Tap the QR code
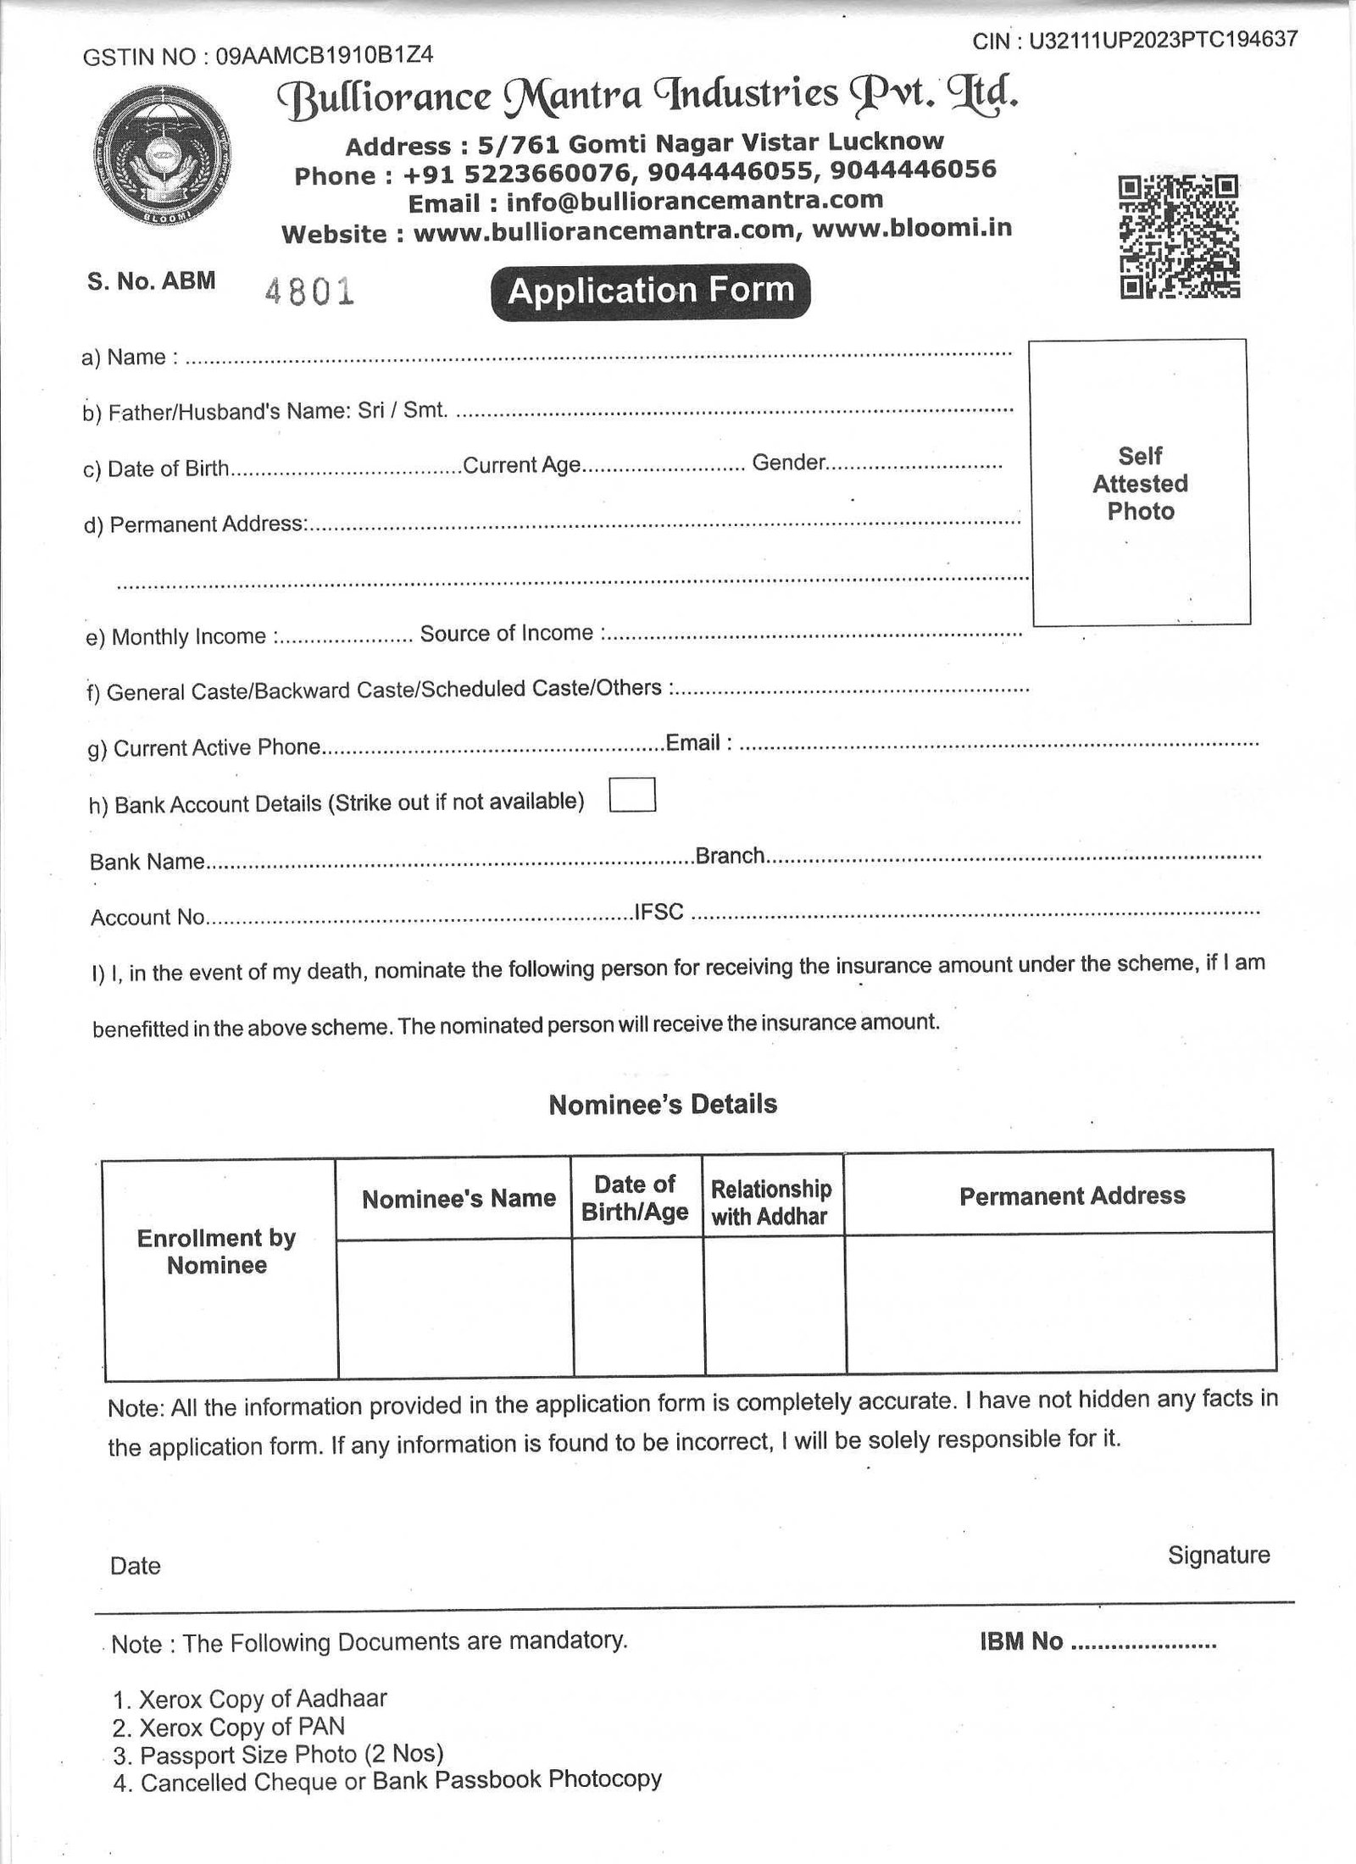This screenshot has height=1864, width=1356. pyautogui.click(x=1179, y=236)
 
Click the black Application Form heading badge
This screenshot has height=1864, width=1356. pyautogui.click(x=651, y=292)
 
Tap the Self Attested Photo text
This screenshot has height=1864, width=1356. pyautogui.click(x=1140, y=484)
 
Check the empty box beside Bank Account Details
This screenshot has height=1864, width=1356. pyautogui.click(x=632, y=796)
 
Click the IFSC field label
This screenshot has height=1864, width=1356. pyautogui.click(x=659, y=913)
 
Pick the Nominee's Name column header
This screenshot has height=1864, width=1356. pyautogui.click(x=458, y=1199)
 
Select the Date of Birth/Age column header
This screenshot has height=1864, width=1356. pyautogui.click(x=635, y=1198)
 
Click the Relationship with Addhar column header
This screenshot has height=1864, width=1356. pyautogui.click(x=770, y=1203)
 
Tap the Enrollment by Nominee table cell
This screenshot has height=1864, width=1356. pyautogui.click(x=217, y=1251)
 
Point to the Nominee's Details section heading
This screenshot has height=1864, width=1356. pyautogui.click(x=663, y=1105)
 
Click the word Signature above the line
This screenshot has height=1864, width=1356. pyautogui.click(x=1218, y=1556)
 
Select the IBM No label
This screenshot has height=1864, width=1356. pyautogui.click(x=1020, y=1642)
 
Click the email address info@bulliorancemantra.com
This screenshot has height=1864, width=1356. pyautogui.click(x=694, y=202)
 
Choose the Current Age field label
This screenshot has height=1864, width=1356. pyautogui.click(x=521, y=465)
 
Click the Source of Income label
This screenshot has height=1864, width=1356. pyautogui.click(x=506, y=634)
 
